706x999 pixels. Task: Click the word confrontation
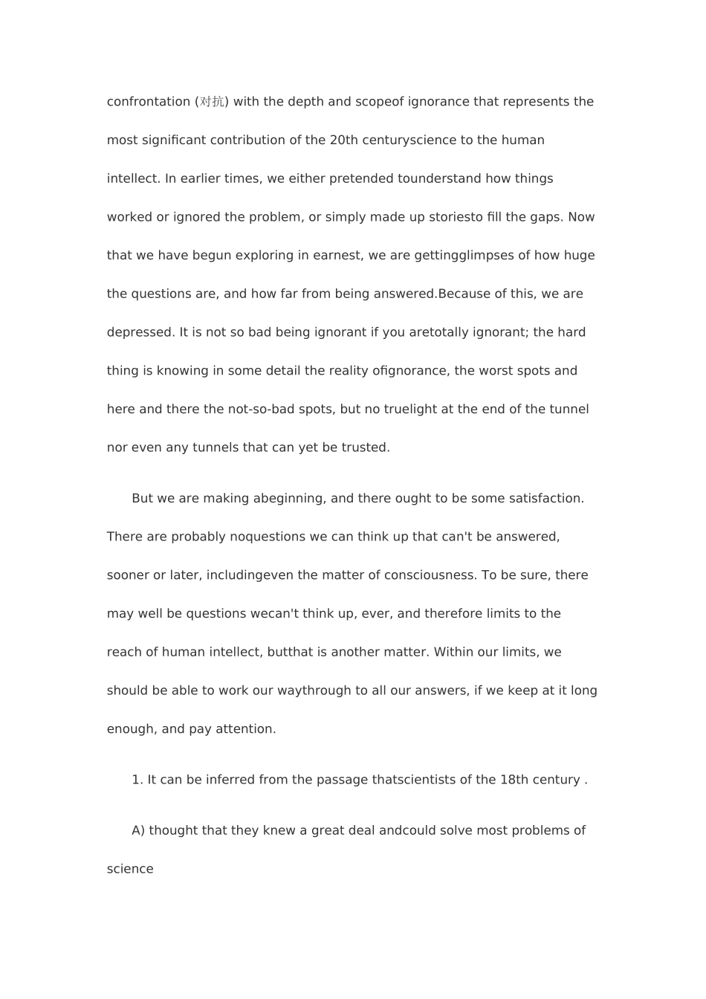click(x=149, y=102)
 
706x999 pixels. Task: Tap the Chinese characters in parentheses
click(x=212, y=102)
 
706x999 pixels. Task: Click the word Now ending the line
click(x=581, y=217)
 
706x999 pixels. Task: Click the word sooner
click(x=128, y=575)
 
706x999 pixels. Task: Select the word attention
click(x=245, y=729)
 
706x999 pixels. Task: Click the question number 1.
click(x=136, y=780)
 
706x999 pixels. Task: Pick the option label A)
click(x=138, y=830)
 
